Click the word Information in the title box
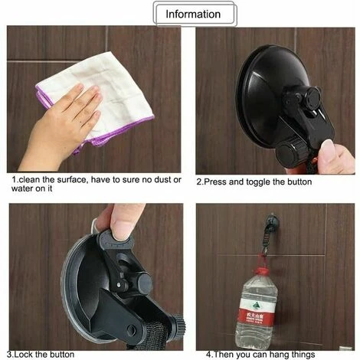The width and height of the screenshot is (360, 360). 193,15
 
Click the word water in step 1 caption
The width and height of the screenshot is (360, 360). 23,188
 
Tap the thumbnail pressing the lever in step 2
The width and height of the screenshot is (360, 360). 328,147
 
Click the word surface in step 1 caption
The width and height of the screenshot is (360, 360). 73,180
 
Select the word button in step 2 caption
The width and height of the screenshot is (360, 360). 299,182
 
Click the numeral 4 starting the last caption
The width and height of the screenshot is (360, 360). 208,355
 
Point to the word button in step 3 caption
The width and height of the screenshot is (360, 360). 62,355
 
